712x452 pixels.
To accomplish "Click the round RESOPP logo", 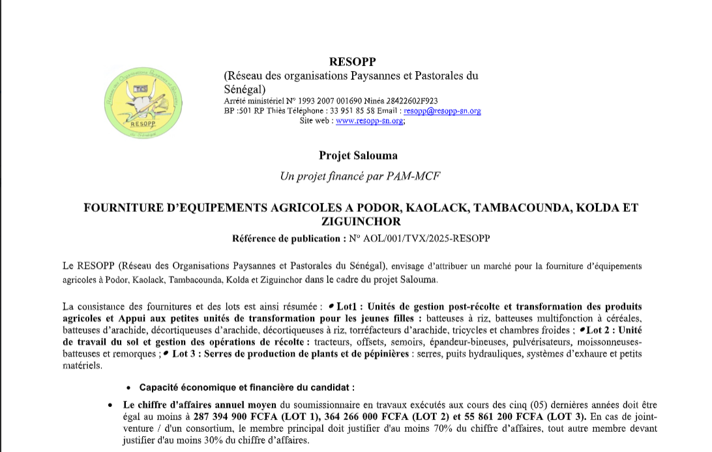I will coord(143,104).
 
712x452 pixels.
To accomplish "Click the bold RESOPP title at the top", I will coord(353,62).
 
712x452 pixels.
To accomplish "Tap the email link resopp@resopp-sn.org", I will coord(442,111).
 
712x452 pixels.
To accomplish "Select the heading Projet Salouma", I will coord(358,155).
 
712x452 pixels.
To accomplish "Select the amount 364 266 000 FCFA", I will coord(365,417).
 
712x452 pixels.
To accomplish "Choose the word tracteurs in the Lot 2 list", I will coord(334,342).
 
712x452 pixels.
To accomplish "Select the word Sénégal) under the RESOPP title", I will coord(245,89).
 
